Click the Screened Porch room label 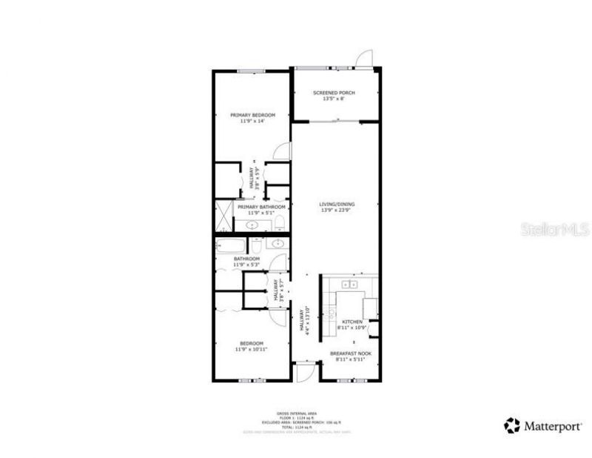pyautogui.click(x=334, y=93)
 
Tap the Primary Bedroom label pyautogui.click(x=252, y=115)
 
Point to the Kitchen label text pyautogui.click(x=351, y=322)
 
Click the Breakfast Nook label pyautogui.click(x=351, y=354)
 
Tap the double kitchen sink pyautogui.click(x=349, y=283)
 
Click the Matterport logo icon pyautogui.click(x=511, y=425)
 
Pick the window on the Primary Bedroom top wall pyautogui.click(x=252, y=71)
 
